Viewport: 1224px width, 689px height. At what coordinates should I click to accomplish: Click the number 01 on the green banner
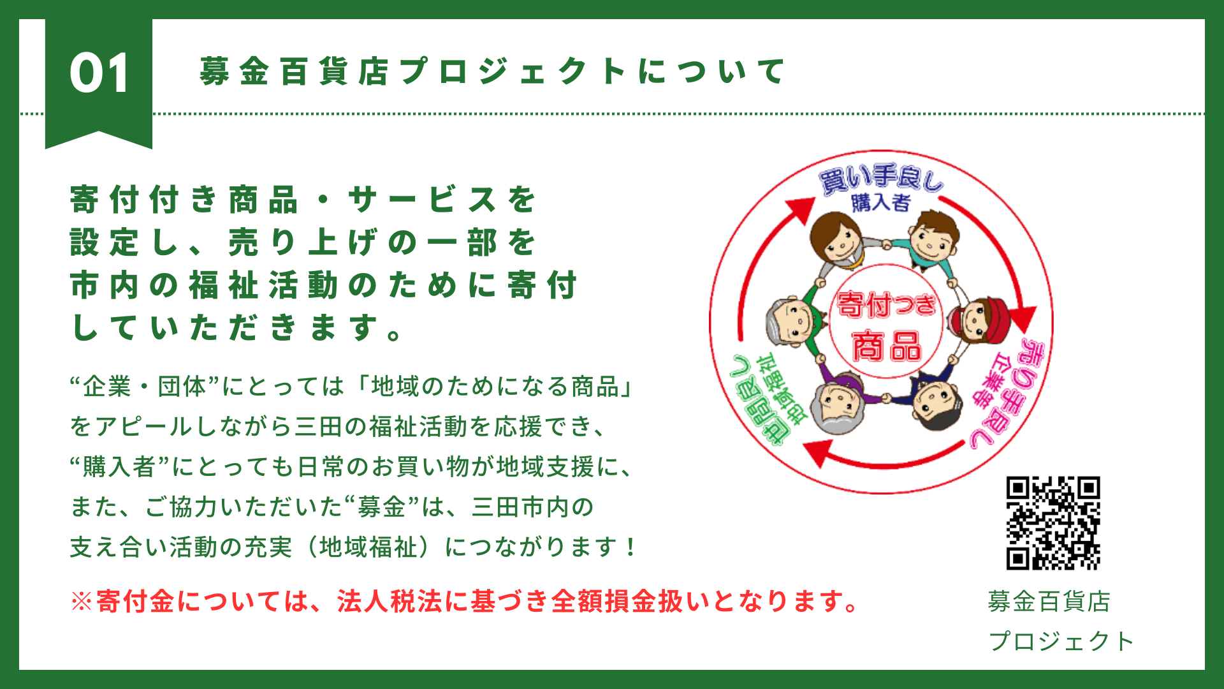pyautogui.click(x=99, y=73)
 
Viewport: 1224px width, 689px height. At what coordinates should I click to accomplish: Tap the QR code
pyautogui.click(x=1053, y=522)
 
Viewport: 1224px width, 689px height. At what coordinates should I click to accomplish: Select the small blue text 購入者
pyautogui.click(x=881, y=203)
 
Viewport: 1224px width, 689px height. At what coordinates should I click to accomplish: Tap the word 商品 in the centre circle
pyautogui.click(x=887, y=346)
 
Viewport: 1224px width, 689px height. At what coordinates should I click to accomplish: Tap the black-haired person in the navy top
pyautogui.click(x=934, y=399)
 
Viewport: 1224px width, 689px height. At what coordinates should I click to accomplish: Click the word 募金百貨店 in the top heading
pyautogui.click(x=294, y=71)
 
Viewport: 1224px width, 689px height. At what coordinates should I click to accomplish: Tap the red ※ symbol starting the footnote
pyautogui.click(x=82, y=601)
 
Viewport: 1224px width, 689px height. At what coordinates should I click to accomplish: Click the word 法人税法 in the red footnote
pyautogui.click(x=390, y=601)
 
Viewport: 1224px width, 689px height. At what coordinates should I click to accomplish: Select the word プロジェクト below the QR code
pyautogui.click(x=1061, y=641)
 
